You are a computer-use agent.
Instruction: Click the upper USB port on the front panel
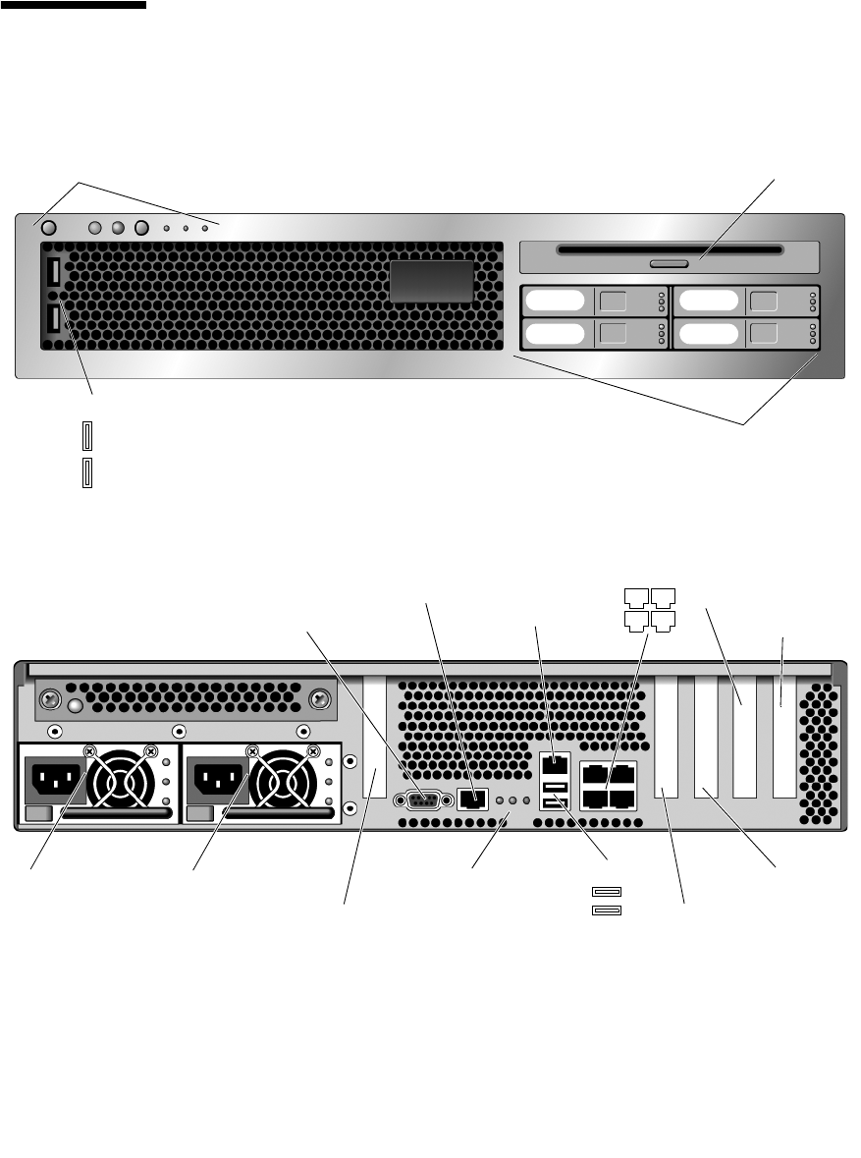click(53, 271)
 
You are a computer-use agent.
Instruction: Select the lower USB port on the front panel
click(53, 319)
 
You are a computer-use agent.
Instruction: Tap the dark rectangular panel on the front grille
click(432, 282)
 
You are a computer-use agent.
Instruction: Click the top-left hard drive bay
click(595, 302)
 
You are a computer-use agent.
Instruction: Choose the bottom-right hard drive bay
click(746, 334)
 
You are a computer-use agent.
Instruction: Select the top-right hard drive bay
click(746, 302)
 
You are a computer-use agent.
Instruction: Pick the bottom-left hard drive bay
click(595, 334)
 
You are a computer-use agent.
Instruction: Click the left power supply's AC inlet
click(56, 784)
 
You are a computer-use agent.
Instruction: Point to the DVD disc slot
click(670, 249)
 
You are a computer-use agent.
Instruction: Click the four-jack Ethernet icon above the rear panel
click(649, 609)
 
